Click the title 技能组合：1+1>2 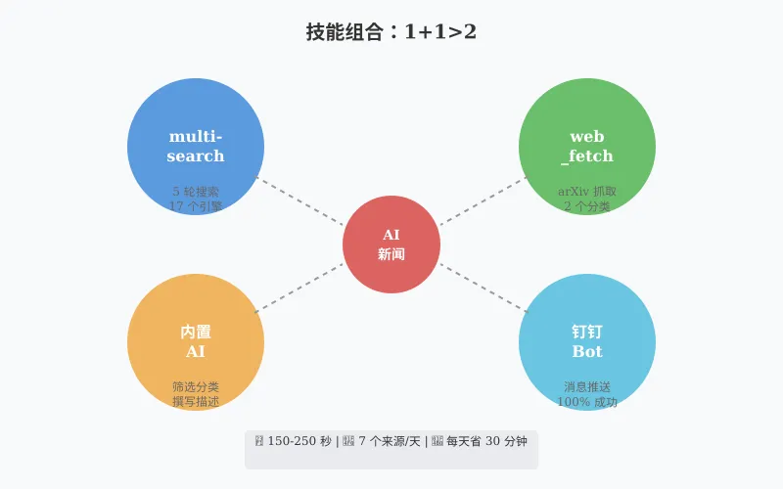pos(391,32)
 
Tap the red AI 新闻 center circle pos(391,244)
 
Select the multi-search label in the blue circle pos(196,146)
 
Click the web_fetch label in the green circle pos(587,146)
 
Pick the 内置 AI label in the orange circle pos(196,341)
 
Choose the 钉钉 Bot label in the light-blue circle pos(587,341)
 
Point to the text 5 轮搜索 pos(196,192)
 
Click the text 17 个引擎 pos(196,206)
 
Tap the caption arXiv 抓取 pos(587,192)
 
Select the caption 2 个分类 pos(587,206)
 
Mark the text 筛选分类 pos(196,387)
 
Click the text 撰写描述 pos(196,402)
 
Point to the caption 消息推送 pos(587,387)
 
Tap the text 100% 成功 pos(587,402)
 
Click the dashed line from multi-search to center pos(299,200)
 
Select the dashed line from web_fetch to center pos(484,200)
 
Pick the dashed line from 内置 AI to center pos(299,289)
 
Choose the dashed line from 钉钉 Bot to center pos(484,289)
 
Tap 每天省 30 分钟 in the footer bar pos(486,441)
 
